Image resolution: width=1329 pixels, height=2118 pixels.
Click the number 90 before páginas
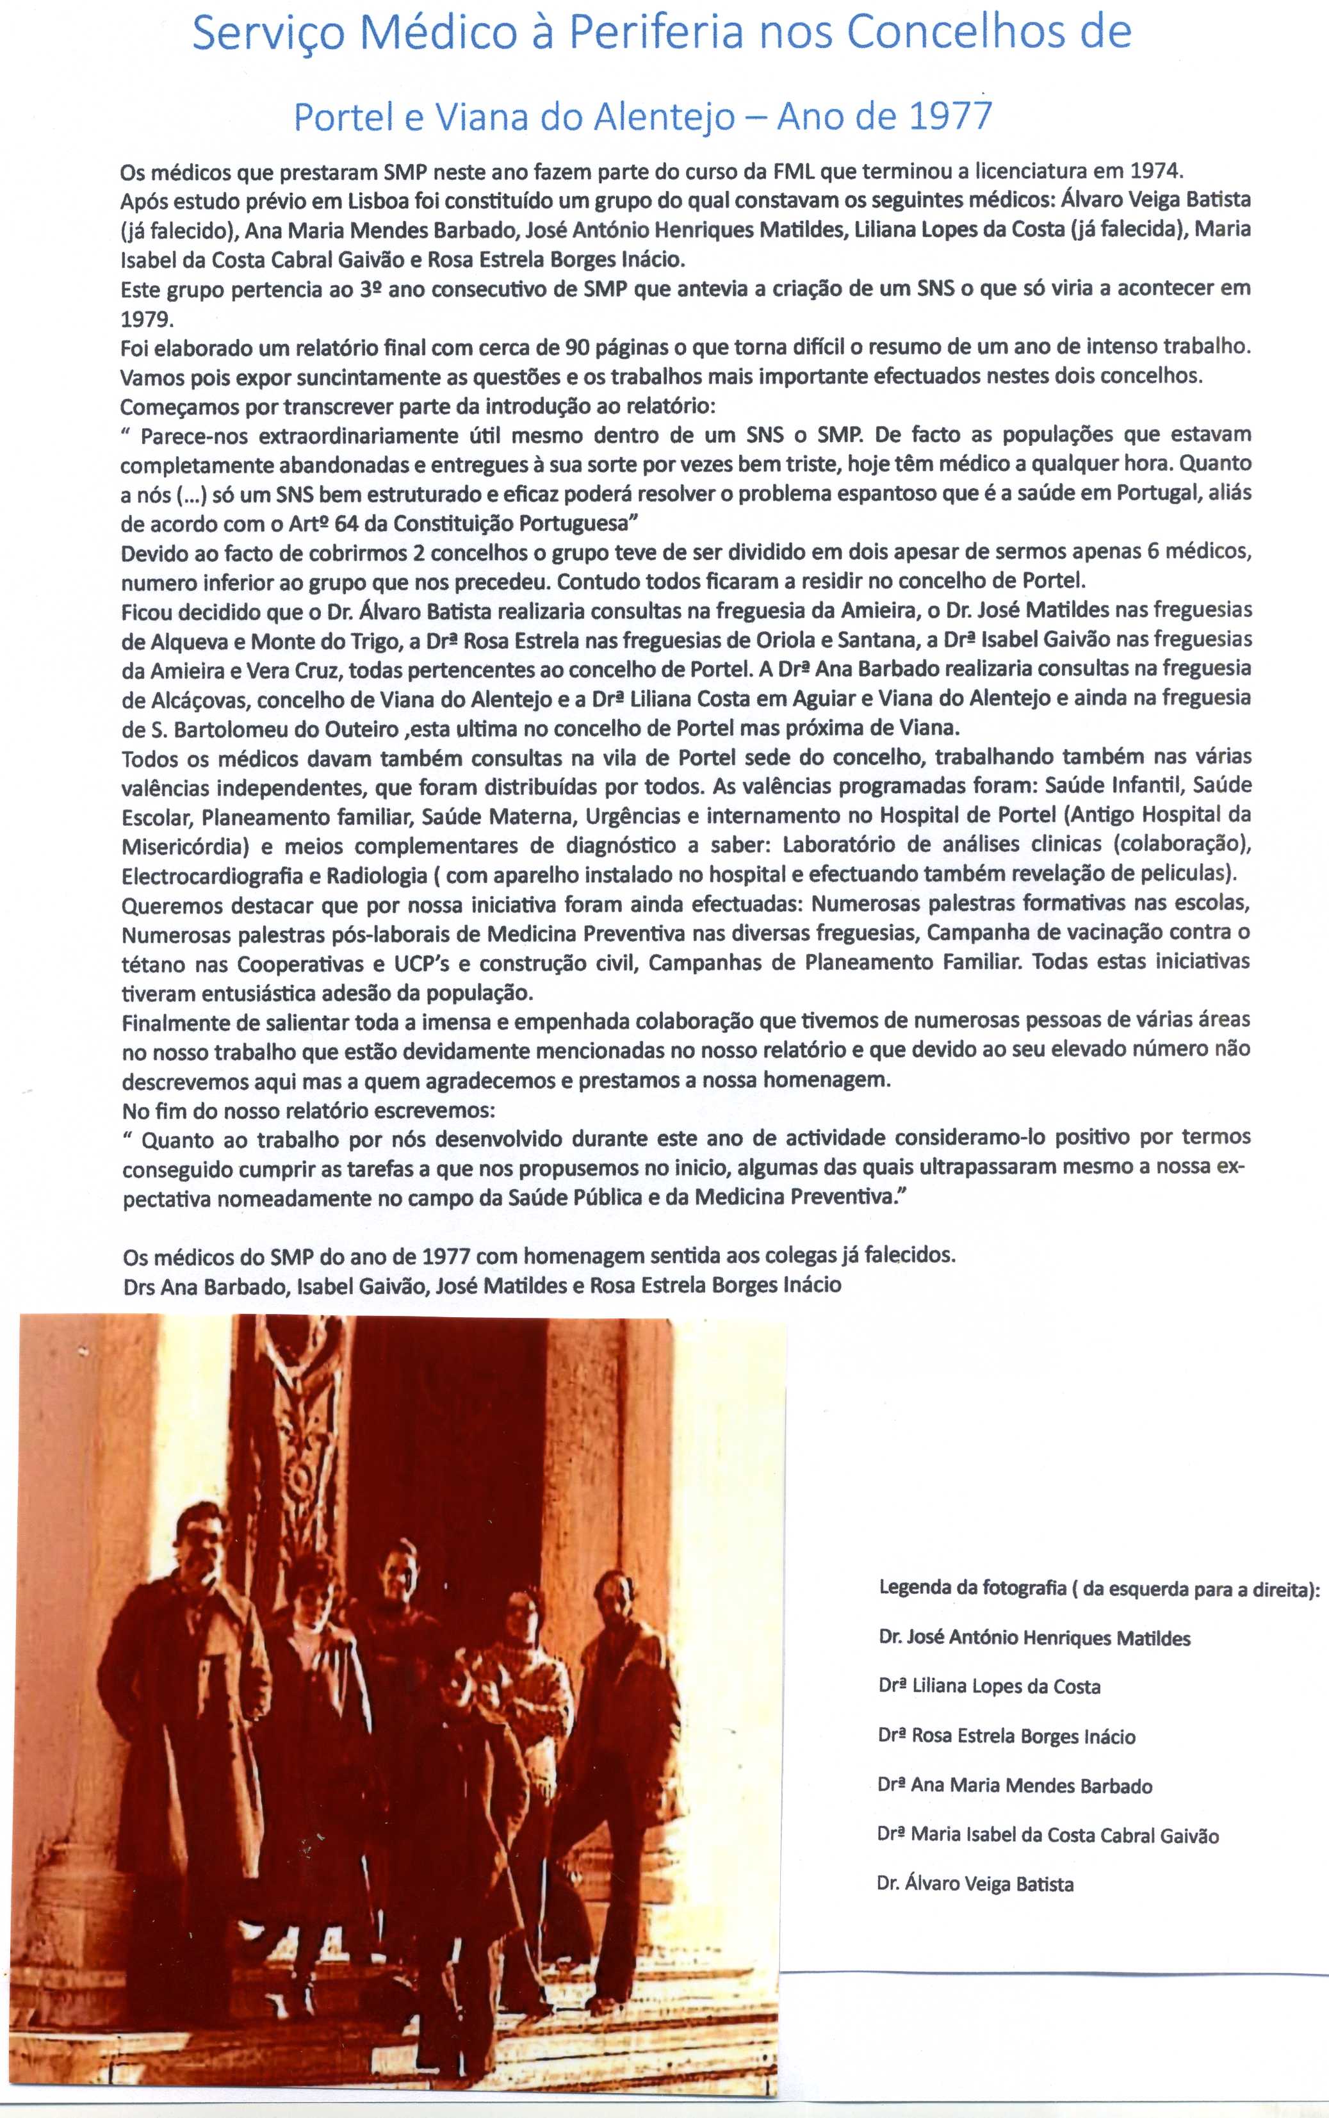[576, 347]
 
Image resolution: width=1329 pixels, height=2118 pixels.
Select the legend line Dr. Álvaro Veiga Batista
[975, 1884]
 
